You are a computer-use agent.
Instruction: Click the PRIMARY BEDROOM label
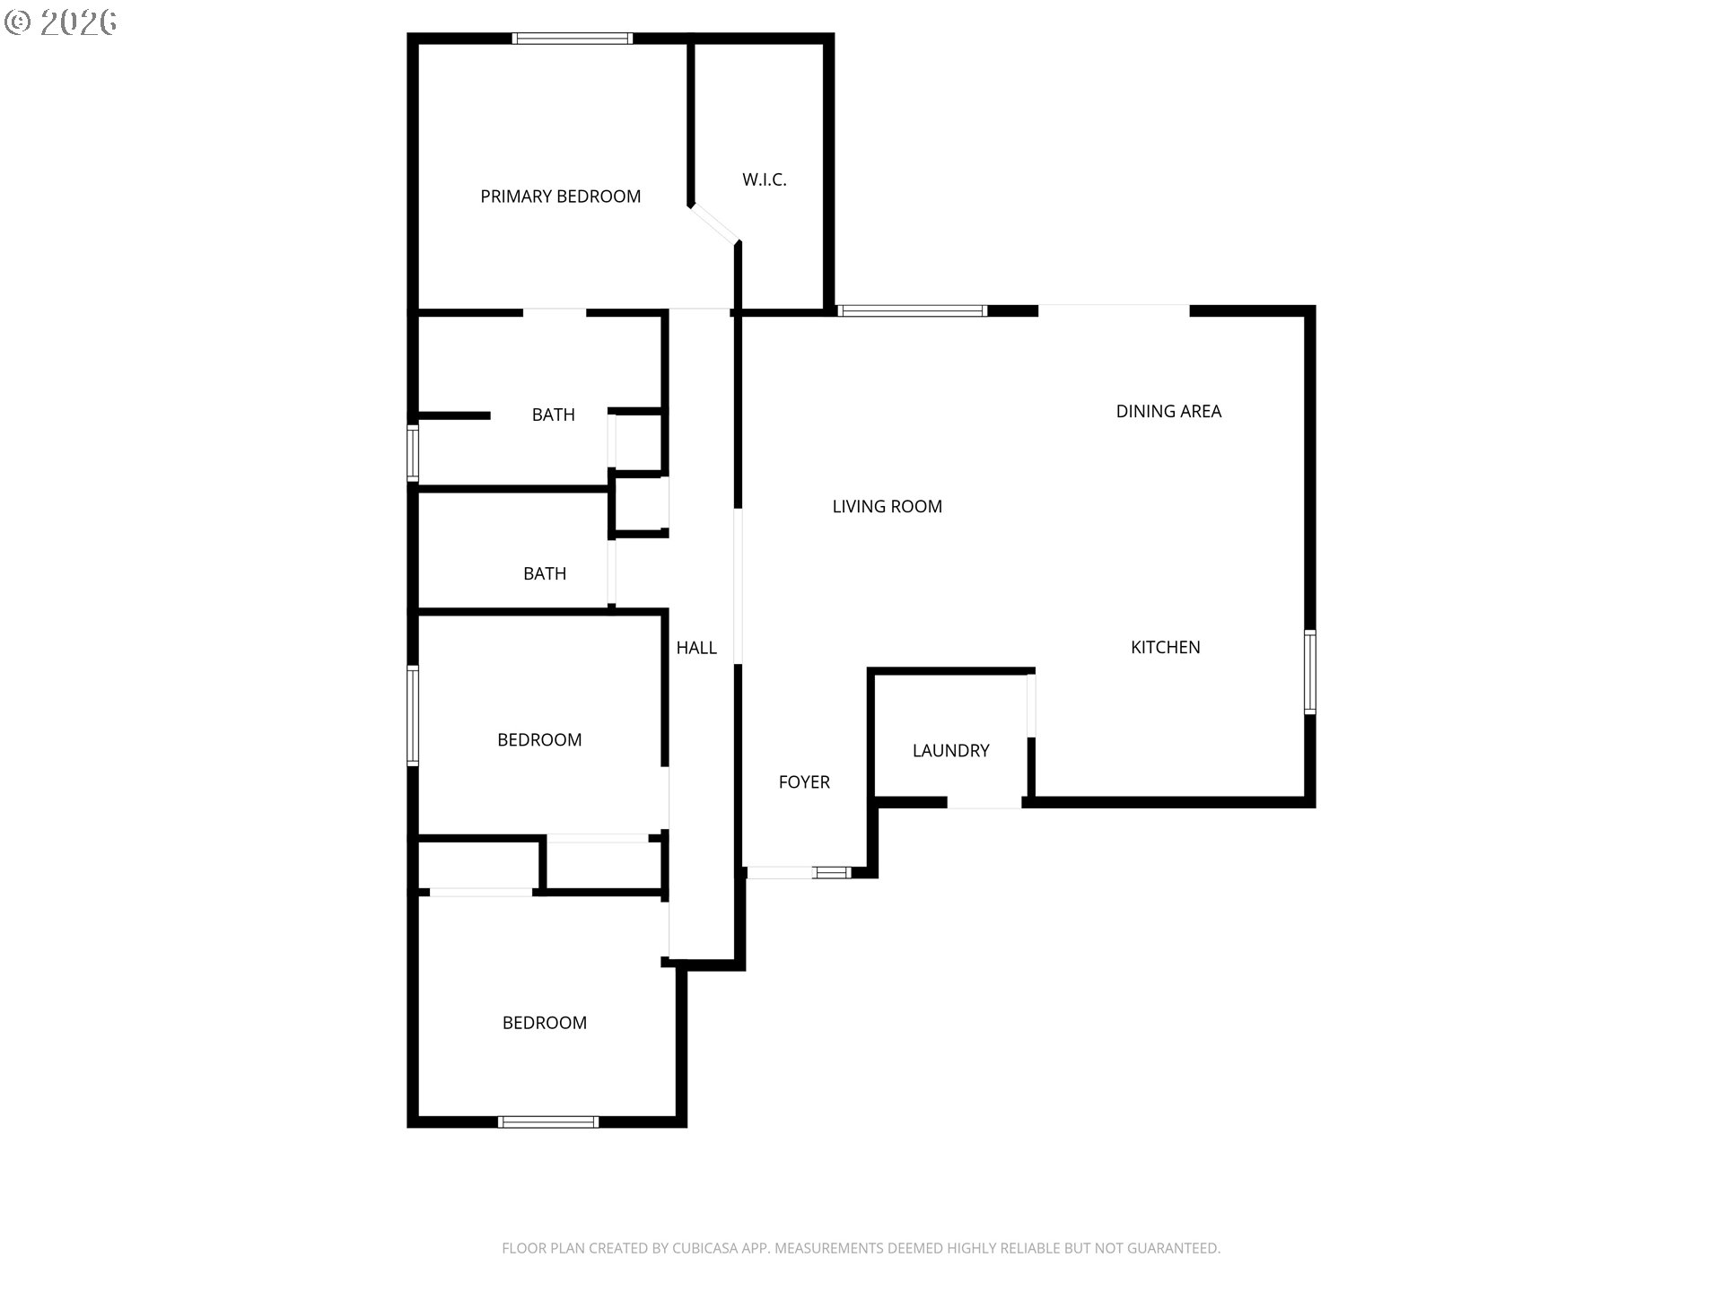[x=560, y=196]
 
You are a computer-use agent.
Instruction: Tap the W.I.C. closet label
[x=764, y=179]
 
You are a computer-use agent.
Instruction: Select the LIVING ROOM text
[x=887, y=506]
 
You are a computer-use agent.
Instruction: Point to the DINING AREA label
[x=1168, y=411]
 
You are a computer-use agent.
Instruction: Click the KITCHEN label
[x=1165, y=647]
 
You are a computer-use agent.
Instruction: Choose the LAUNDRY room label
[x=950, y=750]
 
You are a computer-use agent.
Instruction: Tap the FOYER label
[x=804, y=781]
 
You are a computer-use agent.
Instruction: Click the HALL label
[x=696, y=647]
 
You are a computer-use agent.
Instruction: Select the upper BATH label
[x=553, y=415]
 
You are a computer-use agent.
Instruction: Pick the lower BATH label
[x=545, y=573]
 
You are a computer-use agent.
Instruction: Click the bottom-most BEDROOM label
[x=544, y=1022]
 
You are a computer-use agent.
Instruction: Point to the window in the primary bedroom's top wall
[x=572, y=39]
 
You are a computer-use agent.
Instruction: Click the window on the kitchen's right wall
[x=1309, y=672]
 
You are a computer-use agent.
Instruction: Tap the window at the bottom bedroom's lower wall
[x=547, y=1122]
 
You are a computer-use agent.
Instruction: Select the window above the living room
[x=912, y=311]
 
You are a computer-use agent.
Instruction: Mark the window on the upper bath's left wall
[x=413, y=453]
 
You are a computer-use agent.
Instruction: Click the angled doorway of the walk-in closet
[x=714, y=223]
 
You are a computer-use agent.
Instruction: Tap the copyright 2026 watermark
[x=61, y=22]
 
